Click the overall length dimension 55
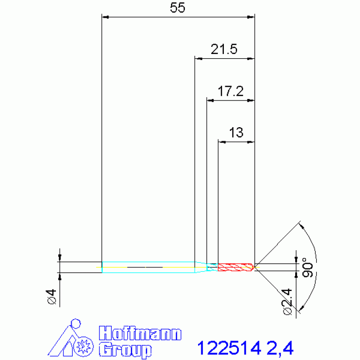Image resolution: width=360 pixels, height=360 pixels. (177, 8)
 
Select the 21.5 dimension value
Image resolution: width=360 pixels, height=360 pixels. (224, 49)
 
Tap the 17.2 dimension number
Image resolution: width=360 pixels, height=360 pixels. (230, 91)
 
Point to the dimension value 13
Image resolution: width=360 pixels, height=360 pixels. (236, 133)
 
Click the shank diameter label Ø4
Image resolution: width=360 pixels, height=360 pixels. (52, 297)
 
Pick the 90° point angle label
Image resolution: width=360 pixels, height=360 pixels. (307, 268)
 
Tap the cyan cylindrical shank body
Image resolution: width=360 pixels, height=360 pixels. (148, 267)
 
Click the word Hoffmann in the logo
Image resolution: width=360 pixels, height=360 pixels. (140, 333)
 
